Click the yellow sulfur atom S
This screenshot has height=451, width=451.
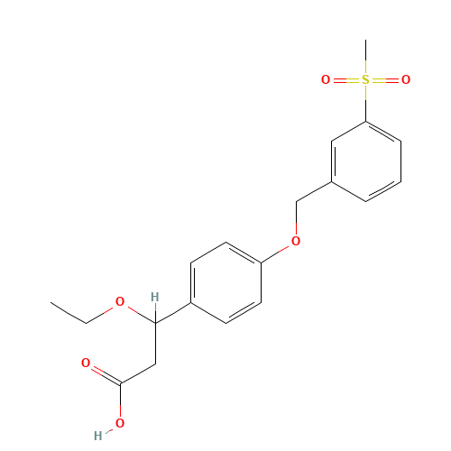pos(365,80)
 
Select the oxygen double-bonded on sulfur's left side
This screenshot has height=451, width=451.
pos(326,80)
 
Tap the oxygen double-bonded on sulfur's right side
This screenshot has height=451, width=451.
pos(406,80)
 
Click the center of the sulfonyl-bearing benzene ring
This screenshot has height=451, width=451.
pos(366,161)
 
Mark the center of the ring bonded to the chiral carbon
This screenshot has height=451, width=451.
pos(225,282)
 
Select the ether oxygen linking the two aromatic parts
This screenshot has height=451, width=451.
pos(296,241)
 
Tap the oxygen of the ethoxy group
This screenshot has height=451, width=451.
pos(120,301)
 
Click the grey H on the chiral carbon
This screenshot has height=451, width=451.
pos(155,297)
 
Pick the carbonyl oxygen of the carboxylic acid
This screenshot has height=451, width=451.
pos(86,363)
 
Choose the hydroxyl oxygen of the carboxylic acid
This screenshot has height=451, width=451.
pos(120,423)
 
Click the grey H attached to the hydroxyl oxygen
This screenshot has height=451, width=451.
pos(98,436)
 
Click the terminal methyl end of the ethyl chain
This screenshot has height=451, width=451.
pos(51,302)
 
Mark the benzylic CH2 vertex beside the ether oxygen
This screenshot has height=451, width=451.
pos(296,202)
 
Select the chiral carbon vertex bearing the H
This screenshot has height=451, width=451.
pos(155,323)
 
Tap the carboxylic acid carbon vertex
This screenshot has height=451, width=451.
pos(121,383)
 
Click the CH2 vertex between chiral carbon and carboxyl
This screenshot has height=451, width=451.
pos(156,364)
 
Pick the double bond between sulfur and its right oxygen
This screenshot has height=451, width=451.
pos(386,80)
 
